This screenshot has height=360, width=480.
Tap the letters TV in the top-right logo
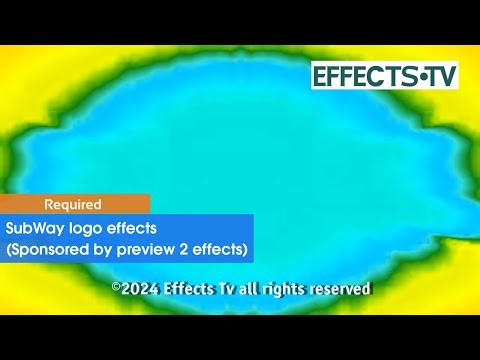[x=439, y=76]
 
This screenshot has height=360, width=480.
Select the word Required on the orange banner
[x=72, y=204]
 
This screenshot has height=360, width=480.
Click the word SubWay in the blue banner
[x=32, y=228]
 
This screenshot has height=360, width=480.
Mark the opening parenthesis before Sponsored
[x=9, y=248]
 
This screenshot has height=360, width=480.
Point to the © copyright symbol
[x=116, y=288]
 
